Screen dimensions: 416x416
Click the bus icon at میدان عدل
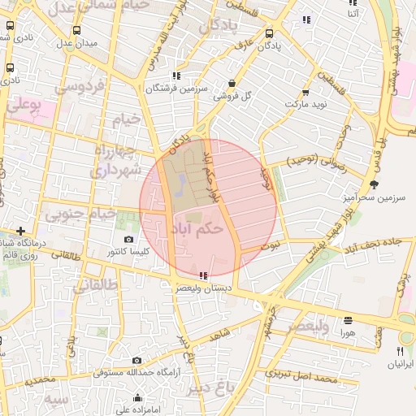click(x=76, y=31)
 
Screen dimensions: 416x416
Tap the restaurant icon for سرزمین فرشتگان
click(x=176, y=76)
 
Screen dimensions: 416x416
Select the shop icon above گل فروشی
click(x=232, y=83)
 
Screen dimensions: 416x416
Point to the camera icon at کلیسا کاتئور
click(x=129, y=240)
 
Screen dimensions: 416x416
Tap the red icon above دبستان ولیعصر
click(x=202, y=275)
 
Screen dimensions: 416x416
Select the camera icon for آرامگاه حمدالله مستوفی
click(x=136, y=361)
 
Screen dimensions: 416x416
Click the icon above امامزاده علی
click(x=137, y=398)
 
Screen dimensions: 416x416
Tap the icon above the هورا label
click(x=348, y=320)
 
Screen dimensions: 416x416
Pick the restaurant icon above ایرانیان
click(x=399, y=350)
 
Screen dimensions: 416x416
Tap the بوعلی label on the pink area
click(x=24, y=105)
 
